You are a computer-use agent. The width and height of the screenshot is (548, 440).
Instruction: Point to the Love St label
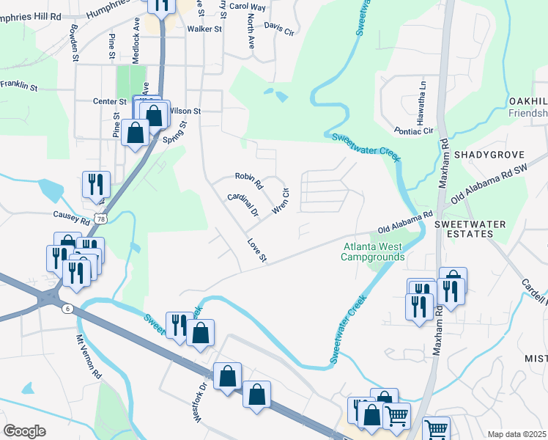256,249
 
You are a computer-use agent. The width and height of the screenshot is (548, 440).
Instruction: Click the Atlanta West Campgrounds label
373,252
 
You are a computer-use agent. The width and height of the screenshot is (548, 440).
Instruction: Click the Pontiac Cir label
413,131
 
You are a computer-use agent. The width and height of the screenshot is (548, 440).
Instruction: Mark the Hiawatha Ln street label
423,95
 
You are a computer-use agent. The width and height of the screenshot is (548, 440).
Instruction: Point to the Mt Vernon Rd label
89,356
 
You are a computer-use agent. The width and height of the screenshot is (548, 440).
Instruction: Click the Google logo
24,431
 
